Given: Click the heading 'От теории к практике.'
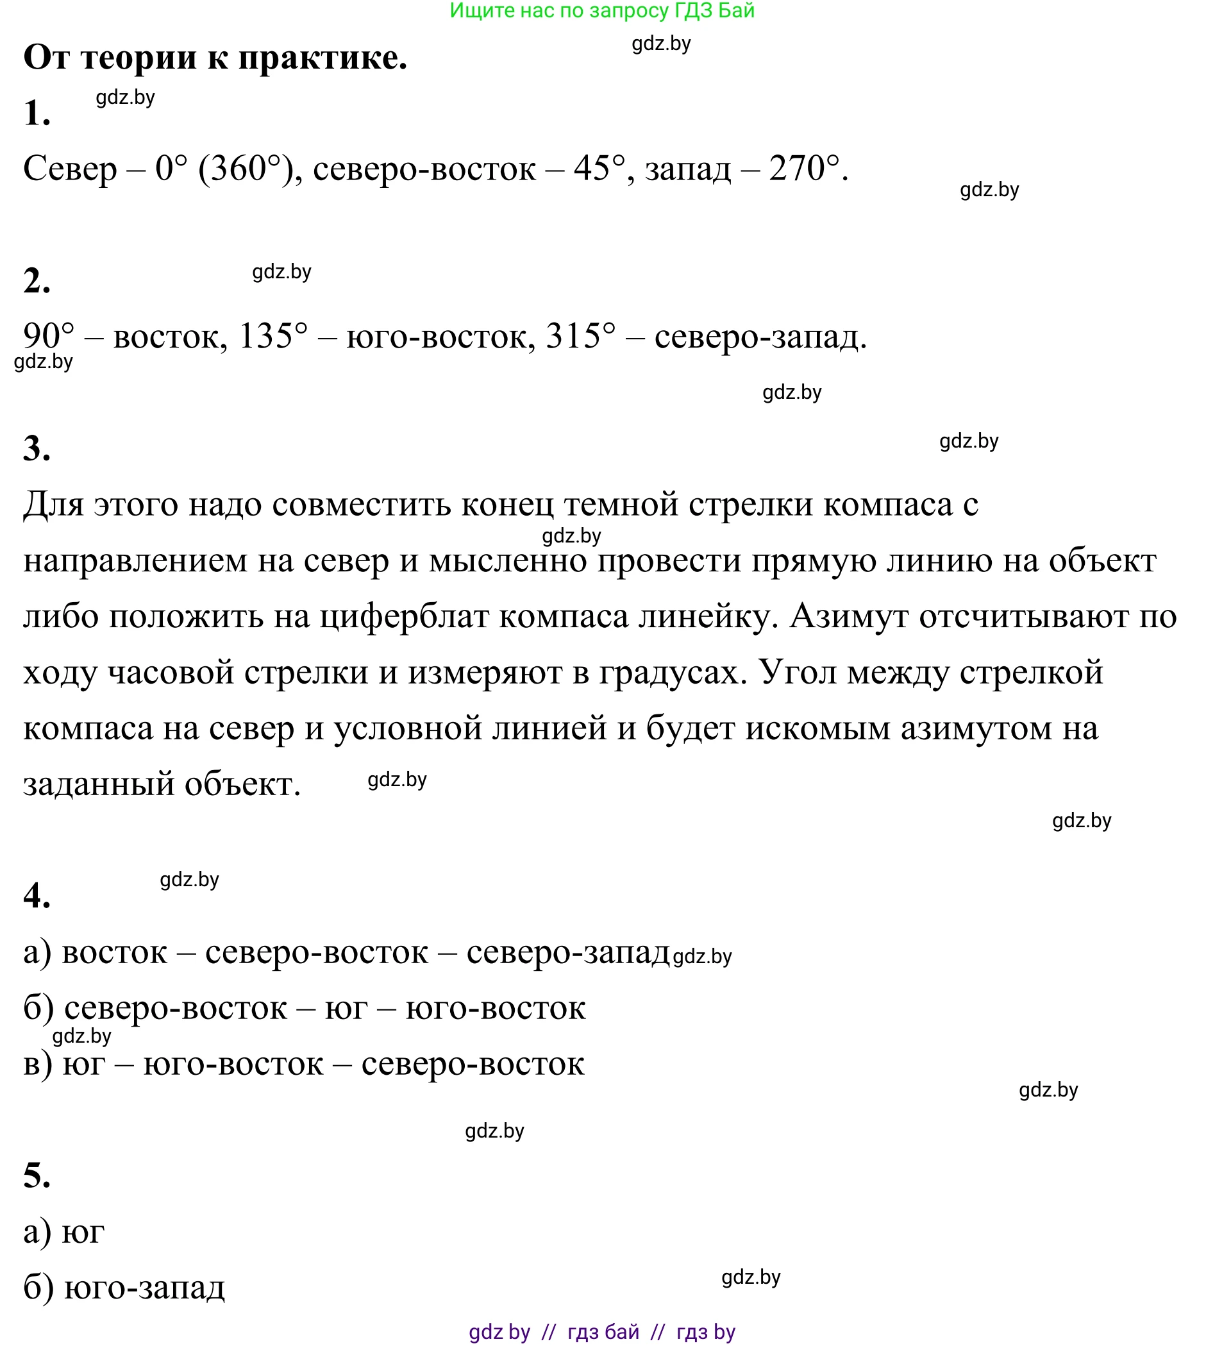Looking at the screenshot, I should coord(215,58).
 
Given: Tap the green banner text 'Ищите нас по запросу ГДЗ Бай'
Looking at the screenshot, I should coord(601,11).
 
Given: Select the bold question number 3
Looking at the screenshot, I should coord(37,449).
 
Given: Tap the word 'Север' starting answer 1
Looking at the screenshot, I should coord(70,169).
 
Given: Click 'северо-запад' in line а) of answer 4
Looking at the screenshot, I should coord(568,952).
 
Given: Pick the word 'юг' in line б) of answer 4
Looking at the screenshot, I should coord(346,1009).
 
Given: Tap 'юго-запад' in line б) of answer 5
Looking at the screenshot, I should coord(144,1287).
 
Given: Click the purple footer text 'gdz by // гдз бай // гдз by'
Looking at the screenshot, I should coord(601,1331).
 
